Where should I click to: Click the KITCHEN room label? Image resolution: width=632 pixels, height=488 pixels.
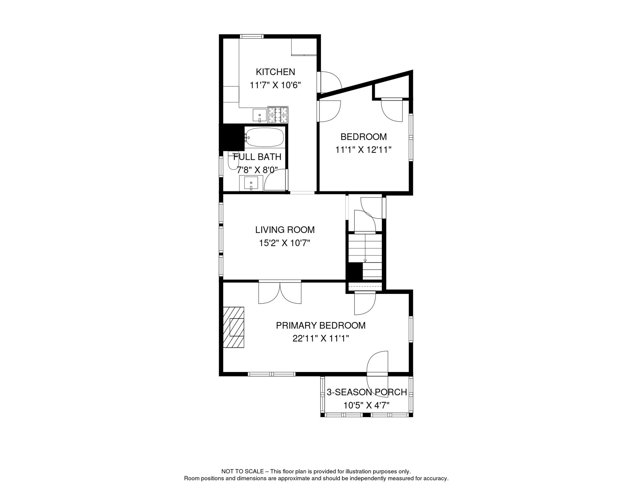pos(275,72)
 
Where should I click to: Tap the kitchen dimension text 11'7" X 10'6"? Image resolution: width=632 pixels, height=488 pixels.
pos(275,85)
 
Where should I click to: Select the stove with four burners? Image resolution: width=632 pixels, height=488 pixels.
pos(278,115)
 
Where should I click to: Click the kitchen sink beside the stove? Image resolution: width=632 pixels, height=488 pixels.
pos(259,115)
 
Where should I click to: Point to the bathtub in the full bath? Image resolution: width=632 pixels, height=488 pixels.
pos(264,137)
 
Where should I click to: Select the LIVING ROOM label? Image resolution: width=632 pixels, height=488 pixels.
pos(285,230)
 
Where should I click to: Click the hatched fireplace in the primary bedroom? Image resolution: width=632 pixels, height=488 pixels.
pos(234,327)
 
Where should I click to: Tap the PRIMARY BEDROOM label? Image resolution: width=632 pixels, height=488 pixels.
pos(320,325)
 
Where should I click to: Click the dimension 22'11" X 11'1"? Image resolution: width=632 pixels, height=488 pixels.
pos(320,339)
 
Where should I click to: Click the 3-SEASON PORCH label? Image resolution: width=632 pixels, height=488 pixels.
pos(367,392)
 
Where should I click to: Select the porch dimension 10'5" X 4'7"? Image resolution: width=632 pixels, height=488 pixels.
pos(366,405)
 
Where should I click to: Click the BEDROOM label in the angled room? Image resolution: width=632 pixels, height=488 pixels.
pos(363,137)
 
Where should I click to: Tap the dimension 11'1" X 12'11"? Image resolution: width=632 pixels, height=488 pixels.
pos(363,150)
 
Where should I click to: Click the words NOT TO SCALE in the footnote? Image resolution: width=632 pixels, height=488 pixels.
pos(242,471)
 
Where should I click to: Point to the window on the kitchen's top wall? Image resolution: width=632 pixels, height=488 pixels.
pos(251,36)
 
